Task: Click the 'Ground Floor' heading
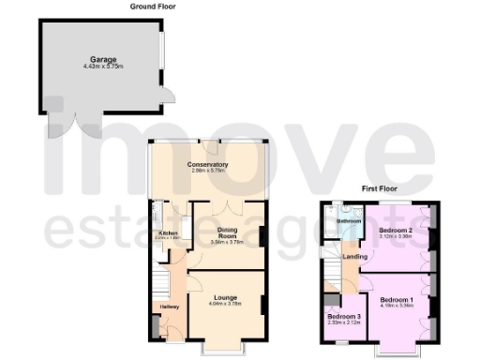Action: coord(156,6)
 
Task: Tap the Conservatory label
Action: coord(209,164)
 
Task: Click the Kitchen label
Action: coord(168,232)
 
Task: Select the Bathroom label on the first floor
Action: coord(350,221)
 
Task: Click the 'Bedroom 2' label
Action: coord(396,230)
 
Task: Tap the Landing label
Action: coord(354,256)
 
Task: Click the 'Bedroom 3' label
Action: coord(343,316)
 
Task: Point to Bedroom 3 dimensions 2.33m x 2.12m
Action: coord(343,322)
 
